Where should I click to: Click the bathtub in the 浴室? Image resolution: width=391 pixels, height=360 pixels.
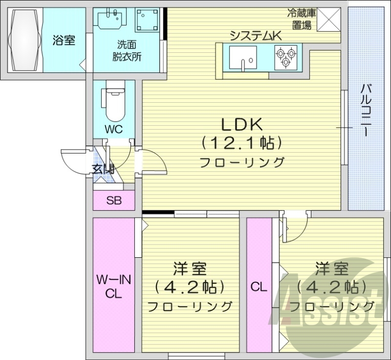tap(24, 40)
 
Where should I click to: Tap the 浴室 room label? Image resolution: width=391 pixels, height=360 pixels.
tap(64, 41)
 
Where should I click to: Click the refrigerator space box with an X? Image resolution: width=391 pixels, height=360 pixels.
tap(329, 20)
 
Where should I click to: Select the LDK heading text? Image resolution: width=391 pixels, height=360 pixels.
tap(242, 125)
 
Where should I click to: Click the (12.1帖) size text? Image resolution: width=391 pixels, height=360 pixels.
tap(242, 143)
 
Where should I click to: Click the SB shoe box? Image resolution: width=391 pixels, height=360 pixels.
tap(114, 200)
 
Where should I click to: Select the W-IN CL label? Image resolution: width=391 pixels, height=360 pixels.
tap(113, 287)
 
